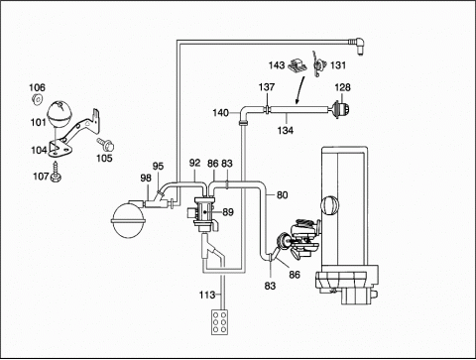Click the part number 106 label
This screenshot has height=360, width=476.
click(37, 87)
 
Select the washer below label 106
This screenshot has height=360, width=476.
click(37, 99)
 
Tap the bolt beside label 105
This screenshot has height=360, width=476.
click(106, 144)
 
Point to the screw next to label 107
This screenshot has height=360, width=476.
click(56, 173)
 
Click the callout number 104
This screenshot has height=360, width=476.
click(39, 151)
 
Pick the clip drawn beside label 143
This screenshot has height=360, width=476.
click(297, 65)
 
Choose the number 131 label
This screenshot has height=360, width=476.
click(338, 65)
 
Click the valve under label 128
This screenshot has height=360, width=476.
click(339, 109)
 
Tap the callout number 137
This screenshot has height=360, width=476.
click(267, 87)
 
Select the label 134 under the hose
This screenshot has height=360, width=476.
click(286, 131)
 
